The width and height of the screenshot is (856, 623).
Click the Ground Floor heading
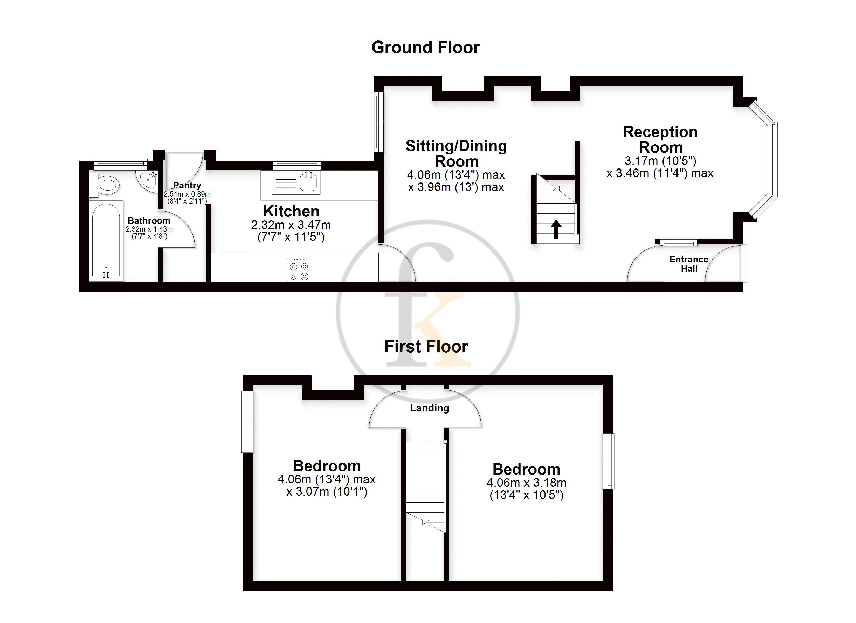point(425,48)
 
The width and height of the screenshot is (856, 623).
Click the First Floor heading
point(426,347)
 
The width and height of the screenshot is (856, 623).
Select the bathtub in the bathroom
point(106,241)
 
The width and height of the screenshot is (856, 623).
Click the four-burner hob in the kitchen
point(299,270)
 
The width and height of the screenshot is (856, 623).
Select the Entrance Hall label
point(689,264)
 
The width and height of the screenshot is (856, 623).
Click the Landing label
point(430,408)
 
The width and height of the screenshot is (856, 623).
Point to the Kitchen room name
point(291,211)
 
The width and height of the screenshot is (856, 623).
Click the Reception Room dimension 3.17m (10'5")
point(660,161)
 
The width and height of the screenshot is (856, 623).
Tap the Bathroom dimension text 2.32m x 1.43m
point(149,229)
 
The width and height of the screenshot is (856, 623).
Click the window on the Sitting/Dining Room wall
point(377,122)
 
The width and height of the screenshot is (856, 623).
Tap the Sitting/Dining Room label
point(456,153)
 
